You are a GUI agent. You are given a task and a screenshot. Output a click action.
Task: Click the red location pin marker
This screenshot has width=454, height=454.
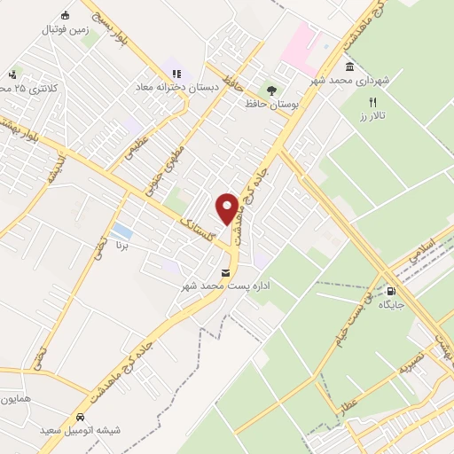227,209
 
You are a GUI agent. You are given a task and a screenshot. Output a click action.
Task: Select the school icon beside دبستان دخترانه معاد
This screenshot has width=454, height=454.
175,73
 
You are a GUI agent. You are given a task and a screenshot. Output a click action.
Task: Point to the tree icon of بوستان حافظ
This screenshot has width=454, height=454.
271,90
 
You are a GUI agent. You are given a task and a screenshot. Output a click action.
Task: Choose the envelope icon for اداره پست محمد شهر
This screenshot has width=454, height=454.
225,271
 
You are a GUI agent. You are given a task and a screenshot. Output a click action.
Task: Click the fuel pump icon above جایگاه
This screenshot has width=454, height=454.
391,290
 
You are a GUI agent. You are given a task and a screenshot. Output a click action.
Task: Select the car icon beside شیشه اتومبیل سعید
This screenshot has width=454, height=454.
80,417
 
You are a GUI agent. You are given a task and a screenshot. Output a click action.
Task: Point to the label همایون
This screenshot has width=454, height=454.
17,399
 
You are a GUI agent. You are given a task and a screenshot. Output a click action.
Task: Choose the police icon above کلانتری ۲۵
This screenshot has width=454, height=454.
12,74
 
